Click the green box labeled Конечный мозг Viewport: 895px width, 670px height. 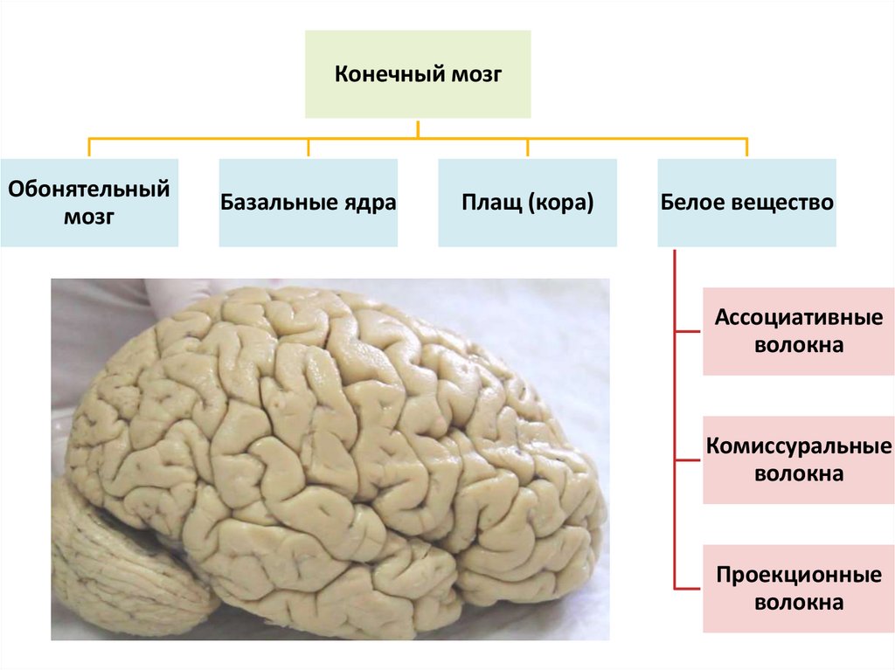pos(417,74)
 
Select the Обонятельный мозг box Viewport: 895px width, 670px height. pos(89,203)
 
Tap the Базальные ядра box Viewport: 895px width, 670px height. pos(308,203)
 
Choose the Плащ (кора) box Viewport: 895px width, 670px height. pos(527,203)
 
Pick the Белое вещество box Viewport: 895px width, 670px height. pos(746,203)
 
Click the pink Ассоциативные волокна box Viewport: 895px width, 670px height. pos(799,331)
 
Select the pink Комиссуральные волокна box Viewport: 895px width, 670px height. pos(799,459)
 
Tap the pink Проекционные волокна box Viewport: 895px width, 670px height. pos(799,589)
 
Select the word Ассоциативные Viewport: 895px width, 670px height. pos(799,317)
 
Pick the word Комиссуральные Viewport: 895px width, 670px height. pos(799,446)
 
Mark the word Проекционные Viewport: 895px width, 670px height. pos(799,576)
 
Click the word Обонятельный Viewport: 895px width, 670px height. pos(89,189)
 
